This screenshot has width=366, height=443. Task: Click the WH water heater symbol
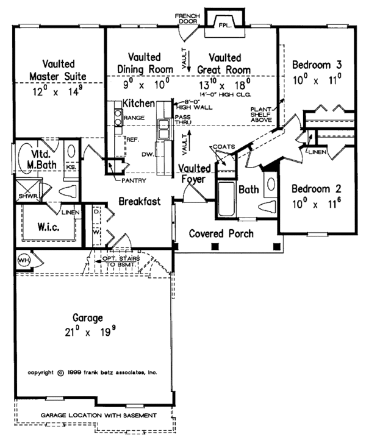(x=24, y=260)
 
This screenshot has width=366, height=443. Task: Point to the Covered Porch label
(x=221, y=233)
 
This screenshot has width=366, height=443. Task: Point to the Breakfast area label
(x=139, y=201)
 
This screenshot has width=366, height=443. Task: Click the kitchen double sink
(x=164, y=129)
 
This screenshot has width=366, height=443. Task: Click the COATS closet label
(x=220, y=147)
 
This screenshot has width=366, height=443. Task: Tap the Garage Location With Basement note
(x=98, y=415)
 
